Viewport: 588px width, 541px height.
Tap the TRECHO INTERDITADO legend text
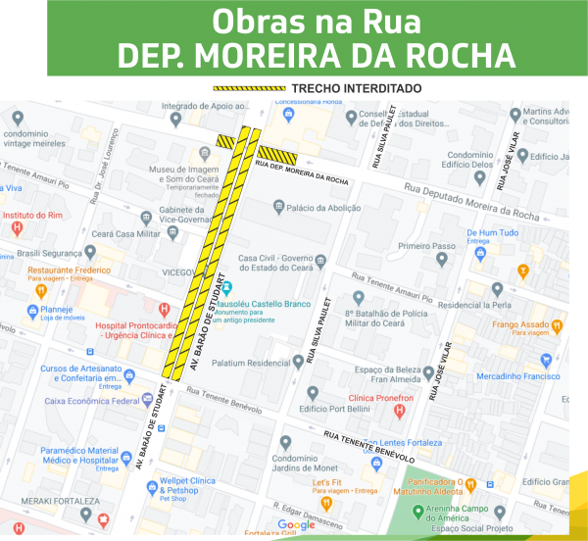357,89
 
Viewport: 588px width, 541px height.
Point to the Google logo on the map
296,525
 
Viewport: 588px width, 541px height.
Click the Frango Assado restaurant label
519,324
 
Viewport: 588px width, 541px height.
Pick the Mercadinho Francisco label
518,376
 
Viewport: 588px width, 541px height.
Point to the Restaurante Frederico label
69,270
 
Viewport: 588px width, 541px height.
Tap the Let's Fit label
326,483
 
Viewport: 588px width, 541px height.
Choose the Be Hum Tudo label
492,233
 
